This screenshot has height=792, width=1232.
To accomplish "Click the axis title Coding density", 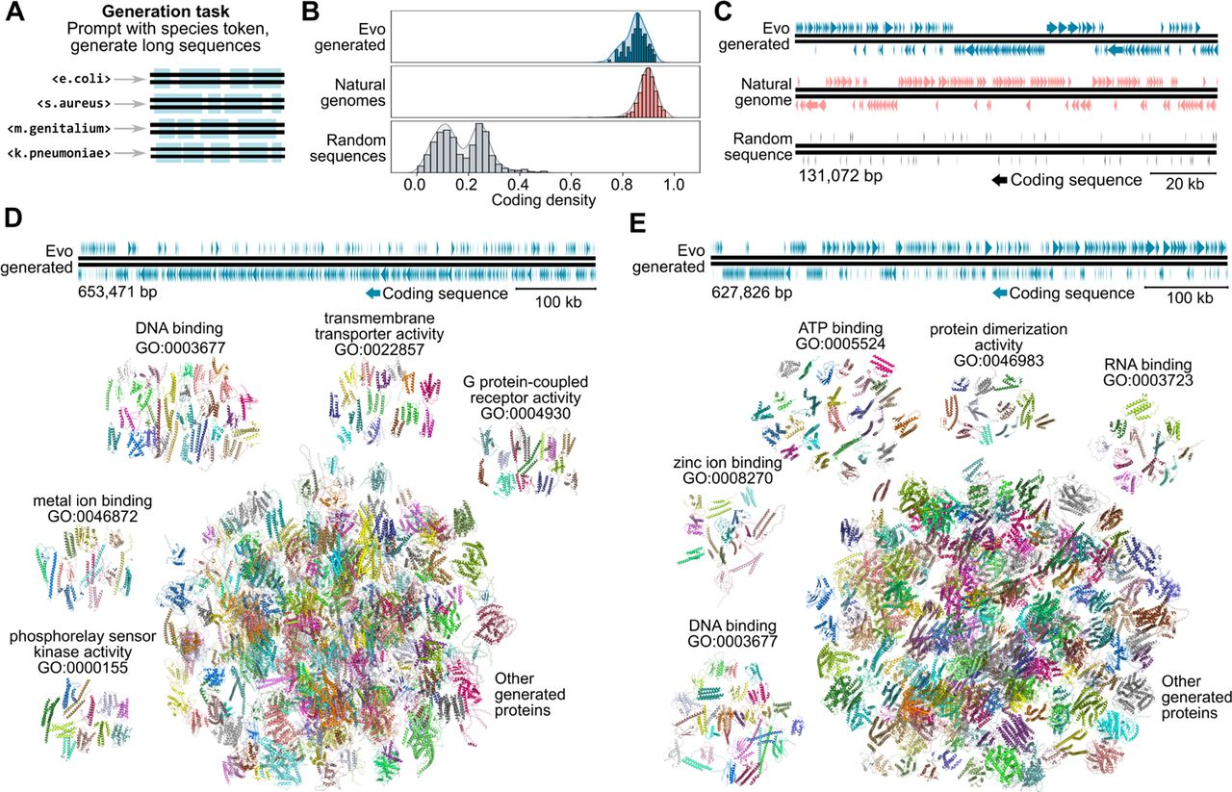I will [544, 200].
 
